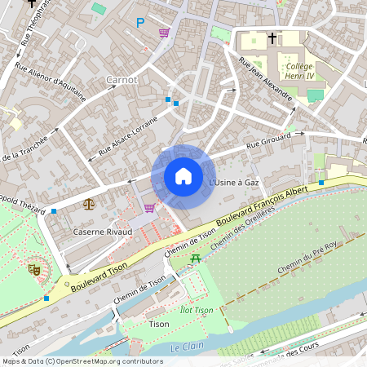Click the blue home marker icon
(x=183, y=176)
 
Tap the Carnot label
(x=122, y=80)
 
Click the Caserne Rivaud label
(x=104, y=232)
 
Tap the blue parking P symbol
(x=140, y=23)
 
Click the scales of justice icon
(x=88, y=204)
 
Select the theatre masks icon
(x=34, y=268)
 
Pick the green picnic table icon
(x=196, y=259)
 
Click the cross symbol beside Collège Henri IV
(x=272, y=38)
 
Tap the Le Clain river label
(x=186, y=347)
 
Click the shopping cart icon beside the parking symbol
(x=164, y=33)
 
